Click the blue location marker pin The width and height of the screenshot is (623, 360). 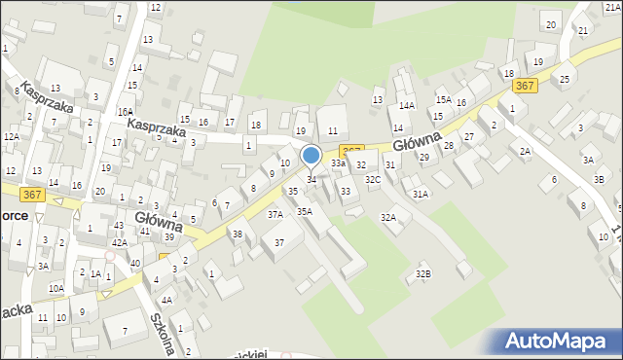point(311,156)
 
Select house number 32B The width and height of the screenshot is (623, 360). point(422,274)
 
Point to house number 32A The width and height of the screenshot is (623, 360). point(388,218)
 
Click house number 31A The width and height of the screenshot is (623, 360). point(420,195)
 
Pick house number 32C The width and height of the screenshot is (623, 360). point(373,180)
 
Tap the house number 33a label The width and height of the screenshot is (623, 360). point(338,164)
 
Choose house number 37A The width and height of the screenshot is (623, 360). point(275,214)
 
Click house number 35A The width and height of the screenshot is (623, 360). point(305,211)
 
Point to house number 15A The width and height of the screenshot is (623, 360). point(443,100)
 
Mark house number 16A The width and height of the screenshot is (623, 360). point(126,112)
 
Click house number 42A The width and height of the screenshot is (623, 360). point(119,242)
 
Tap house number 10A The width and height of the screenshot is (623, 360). point(56,288)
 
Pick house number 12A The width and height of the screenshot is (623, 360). point(11,137)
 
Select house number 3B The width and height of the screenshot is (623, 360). point(600,180)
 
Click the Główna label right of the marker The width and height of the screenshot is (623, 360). point(419,142)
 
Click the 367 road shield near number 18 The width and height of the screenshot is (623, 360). point(524,86)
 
